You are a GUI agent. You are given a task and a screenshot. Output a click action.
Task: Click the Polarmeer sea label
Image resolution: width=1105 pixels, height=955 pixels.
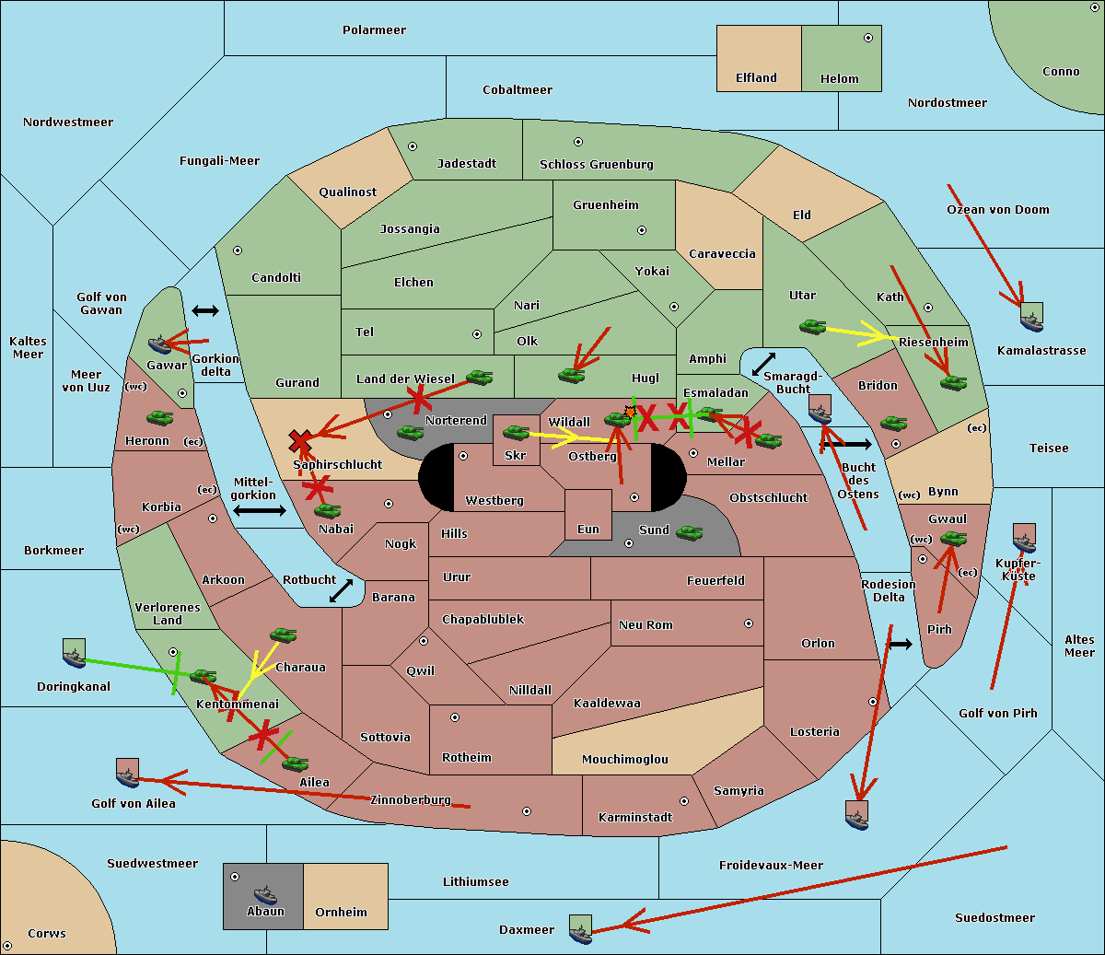(374, 30)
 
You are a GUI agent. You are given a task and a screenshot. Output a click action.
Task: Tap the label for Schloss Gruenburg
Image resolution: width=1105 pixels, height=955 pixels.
(596, 164)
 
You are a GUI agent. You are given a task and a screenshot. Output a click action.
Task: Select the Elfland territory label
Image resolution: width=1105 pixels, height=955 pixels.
(756, 78)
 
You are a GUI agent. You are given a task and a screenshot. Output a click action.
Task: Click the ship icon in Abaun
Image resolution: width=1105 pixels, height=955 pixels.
(265, 894)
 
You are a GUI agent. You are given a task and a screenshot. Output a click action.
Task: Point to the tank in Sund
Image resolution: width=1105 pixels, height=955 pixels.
(689, 532)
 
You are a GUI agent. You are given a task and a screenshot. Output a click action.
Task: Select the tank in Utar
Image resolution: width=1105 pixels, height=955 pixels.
(812, 326)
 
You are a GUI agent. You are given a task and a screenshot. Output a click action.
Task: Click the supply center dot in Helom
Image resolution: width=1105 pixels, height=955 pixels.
(868, 38)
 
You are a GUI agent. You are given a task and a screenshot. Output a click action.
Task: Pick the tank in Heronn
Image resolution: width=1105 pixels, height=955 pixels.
(160, 417)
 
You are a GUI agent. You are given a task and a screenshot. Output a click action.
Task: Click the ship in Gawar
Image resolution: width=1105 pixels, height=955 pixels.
(159, 344)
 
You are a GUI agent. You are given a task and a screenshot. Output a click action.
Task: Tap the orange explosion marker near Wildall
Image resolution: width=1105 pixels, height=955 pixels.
(630, 412)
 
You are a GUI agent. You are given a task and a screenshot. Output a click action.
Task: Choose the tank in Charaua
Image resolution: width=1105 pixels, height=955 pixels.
(283, 635)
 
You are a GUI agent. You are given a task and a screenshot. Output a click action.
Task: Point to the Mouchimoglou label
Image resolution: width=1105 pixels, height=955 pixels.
(625, 759)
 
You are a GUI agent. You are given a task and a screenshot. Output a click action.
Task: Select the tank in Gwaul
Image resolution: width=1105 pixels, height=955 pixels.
(954, 539)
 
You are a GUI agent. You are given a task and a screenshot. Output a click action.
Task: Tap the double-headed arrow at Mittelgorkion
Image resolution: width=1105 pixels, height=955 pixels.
(260, 510)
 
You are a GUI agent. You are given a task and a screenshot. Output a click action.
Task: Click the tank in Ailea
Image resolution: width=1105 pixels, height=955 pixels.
(295, 763)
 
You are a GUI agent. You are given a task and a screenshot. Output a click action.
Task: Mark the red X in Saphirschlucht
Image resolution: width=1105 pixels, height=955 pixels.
(300, 441)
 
